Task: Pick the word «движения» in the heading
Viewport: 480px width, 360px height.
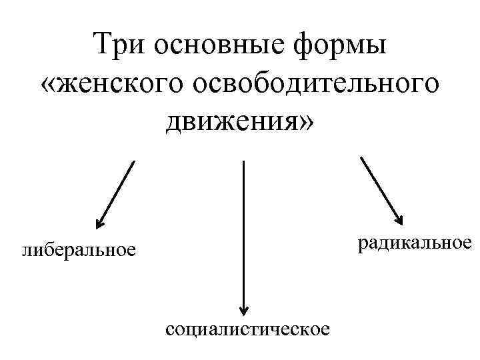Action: pyautogui.click(x=230, y=121)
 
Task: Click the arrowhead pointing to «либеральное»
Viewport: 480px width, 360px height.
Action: pyautogui.click(x=99, y=223)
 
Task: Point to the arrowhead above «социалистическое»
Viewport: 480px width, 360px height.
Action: pyautogui.click(x=244, y=308)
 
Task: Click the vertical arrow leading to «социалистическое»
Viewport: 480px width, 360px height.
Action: pyautogui.click(x=244, y=233)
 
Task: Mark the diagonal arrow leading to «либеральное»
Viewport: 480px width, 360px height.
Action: pyautogui.click(x=116, y=194)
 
